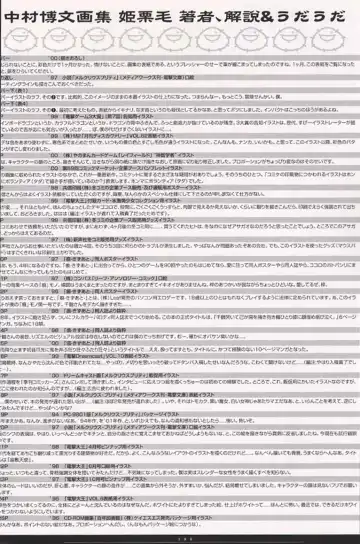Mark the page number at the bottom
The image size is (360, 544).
click(x=181, y=536)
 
